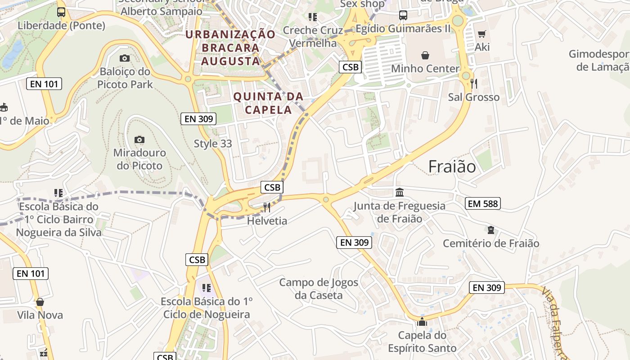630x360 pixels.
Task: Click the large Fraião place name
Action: point(452,166)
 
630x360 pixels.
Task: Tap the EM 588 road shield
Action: point(483,203)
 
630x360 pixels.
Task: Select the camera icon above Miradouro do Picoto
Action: point(139,139)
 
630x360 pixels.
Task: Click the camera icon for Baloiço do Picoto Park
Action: point(125,58)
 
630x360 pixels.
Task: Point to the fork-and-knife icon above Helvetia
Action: point(267,207)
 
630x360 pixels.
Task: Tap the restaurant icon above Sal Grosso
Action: point(473,83)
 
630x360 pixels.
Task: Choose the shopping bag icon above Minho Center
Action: point(425,55)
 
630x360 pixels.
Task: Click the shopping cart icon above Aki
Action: point(481,34)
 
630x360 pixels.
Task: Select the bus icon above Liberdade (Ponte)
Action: point(61,12)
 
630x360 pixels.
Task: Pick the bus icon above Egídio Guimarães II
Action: point(403,15)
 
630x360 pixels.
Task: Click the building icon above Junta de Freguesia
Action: point(399,193)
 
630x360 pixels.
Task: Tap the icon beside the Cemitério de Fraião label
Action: point(490,230)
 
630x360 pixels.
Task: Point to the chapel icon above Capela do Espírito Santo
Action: point(422,321)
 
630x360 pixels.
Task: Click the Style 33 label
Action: point(213,144)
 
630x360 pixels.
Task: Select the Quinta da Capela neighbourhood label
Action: point(268,103)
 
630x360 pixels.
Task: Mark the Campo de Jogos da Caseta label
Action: point(319,289)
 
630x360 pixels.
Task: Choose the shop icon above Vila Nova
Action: point(40,301)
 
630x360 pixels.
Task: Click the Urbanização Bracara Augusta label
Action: point(230,48)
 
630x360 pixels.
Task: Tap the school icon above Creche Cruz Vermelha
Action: point(313,17)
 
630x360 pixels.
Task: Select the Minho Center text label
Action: point(425,68)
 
